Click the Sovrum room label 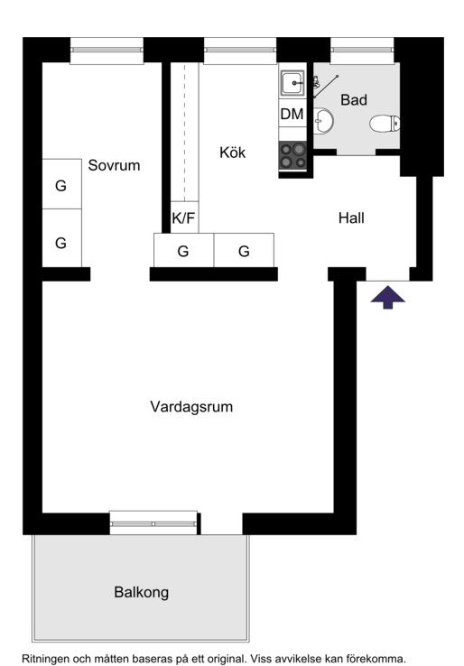click(x=114, y=165)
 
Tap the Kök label click(x=232, y=152)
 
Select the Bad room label click(x=354, y=100)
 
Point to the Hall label click(x=351, y=217)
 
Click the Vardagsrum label click(x=191, y=406)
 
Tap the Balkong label click(x=142, y=592)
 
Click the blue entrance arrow click(x=387, y=297)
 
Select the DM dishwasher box click(x=292, y=114)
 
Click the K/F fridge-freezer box click(x=184, y=217)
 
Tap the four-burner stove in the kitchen click(x=292, y=155)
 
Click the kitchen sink click(x=292, y=83)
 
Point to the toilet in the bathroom click(x=385, y=124)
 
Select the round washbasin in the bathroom click(x=323, y=120)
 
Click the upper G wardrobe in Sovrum click(x=61, y=184)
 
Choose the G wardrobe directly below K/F click(x=183, y=250)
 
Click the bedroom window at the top click(x=107, y=51)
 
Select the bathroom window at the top click(x=363, y=51)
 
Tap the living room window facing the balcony click(x=153, y=523)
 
